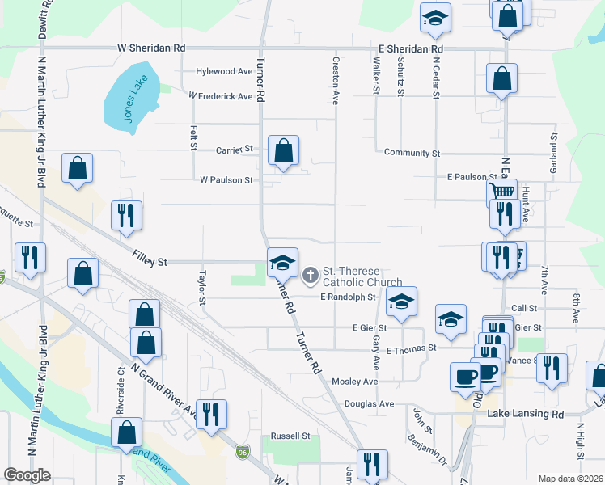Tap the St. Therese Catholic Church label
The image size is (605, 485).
351,276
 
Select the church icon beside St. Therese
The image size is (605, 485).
309,276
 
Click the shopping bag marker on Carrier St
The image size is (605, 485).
283,150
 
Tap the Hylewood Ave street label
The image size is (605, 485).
224,71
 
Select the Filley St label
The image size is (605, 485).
150,262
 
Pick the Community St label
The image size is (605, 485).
412,153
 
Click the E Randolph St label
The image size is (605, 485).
348,297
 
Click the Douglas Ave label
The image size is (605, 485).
369,403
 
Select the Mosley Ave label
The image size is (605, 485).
354,381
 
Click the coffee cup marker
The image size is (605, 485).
465,377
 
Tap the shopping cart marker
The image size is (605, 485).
501,192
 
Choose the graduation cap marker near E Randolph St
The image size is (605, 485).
400,301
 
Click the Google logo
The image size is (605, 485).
27,475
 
